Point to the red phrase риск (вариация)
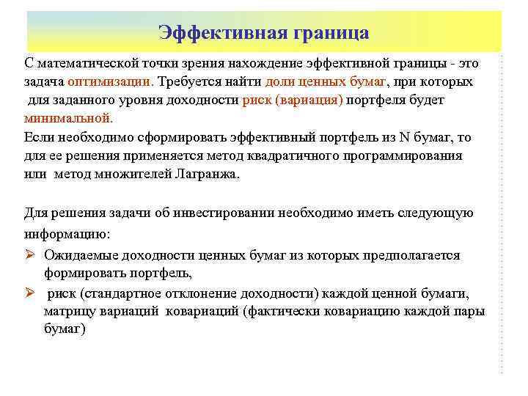click(292, 99)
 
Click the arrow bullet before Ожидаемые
click(30, 255)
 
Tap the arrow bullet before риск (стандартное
click(30, 293)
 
